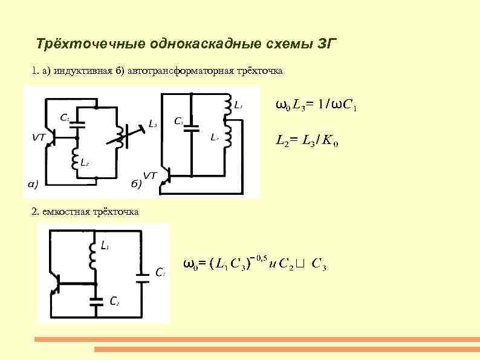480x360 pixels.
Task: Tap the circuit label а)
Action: tap(35, 183)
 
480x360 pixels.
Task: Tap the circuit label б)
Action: tap(137, 183)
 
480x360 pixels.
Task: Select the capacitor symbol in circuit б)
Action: tap(191, 128)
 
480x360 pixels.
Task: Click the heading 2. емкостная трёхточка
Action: tap(85, 212)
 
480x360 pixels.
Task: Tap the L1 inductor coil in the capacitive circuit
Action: tap(94, 257)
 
